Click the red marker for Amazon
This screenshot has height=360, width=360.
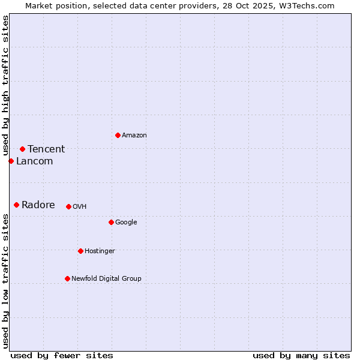(x=118, y=135)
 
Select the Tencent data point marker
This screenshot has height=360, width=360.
(x=22, y=149)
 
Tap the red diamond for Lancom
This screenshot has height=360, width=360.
(x=11, y=161)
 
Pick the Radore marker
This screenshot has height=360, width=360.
(x=16, y=205)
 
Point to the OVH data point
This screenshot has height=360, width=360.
(x=68, y=206)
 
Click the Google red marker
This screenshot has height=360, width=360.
(x=111, y=222)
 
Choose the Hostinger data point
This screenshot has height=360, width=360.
(x=80, y=251)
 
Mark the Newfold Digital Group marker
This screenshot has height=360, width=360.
(x=67, y=278)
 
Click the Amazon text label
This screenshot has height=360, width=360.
(x=134, y=135)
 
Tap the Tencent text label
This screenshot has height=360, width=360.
(x=46, y=149)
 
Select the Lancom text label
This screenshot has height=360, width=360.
(x=34, y=161)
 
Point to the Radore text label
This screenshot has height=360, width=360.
(x=38, y=205)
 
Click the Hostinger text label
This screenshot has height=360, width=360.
(x=100, y=251)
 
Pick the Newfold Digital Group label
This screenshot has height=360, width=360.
(x=106, y=278)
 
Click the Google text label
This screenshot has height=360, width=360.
(x=126, y=222)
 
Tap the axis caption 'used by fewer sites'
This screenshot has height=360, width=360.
(x=62, y=355)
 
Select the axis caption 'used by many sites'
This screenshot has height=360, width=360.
(x=301, y=355)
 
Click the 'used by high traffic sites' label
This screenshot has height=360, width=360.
(x=6, y=86)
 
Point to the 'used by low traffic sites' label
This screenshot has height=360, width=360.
(x=6, y=281)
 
